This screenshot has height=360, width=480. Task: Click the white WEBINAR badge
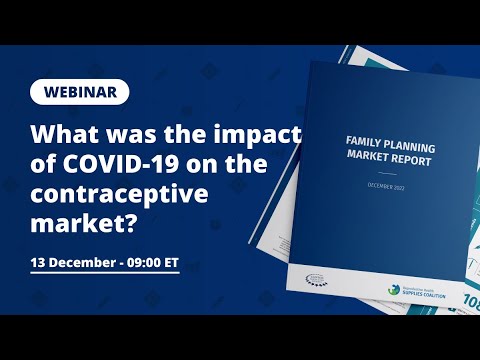(x=80, y=92)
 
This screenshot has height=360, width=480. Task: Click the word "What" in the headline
(x=64, y=135)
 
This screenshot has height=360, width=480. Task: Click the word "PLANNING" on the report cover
(x=421, y=143)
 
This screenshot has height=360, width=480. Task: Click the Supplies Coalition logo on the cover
(x=424, y=288)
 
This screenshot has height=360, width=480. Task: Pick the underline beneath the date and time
(x=105, y=275)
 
